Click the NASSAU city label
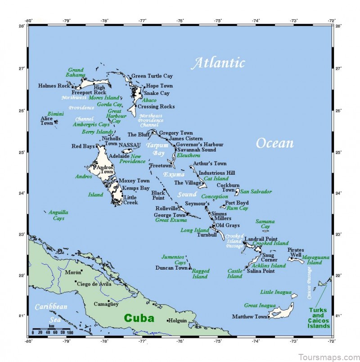point(130,145)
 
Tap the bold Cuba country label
point(139,318)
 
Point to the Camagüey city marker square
point(109,300)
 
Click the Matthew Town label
point(250,317)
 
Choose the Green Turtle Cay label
point(152,76)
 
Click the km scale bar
point(52,329)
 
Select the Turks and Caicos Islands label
point(318,318)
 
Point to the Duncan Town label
point(171,268)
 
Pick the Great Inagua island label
point(260,305)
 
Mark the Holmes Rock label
point(54,86)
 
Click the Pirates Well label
point(296,253)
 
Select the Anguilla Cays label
point(58,215)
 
